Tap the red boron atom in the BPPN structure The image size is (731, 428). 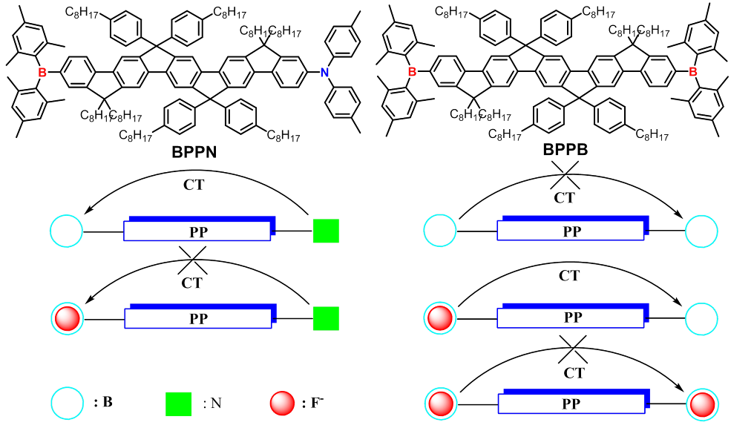tap(42, 72)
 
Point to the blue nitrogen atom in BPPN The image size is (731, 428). tap(324, 72)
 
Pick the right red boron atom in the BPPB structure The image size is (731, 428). tap(692, 72)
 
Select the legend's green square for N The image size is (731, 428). tap(180, 403)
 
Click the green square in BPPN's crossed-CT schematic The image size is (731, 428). tap(326, 319)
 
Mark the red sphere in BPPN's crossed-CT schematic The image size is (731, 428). tap(68, 319)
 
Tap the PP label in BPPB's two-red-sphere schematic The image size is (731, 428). tap(572, 405)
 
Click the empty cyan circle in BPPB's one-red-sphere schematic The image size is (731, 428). tap(703, 319)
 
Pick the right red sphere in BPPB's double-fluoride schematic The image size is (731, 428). tap(703, 404)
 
